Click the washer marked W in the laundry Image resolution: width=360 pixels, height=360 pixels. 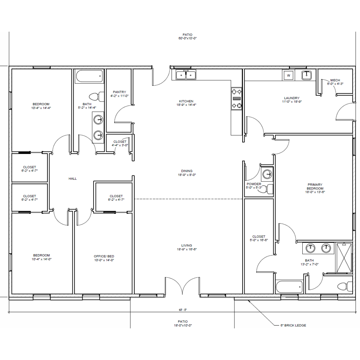click(288, 75)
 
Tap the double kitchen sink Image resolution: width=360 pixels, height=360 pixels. click(186, 75)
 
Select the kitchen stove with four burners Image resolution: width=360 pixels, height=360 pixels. click(237, 99)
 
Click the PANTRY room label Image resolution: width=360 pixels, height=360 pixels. click(120, 92)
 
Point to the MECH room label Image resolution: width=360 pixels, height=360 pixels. click(335, 80)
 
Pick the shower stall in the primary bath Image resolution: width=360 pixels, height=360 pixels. click(344, 258)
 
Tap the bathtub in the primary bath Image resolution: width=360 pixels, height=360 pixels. click(289, 287)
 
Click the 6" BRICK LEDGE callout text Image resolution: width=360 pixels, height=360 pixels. click(293, 325)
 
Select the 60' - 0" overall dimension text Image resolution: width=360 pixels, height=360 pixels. click(183, 310)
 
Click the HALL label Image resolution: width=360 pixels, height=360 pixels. click(72, 179)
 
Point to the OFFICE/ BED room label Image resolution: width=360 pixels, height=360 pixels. click(104, 256)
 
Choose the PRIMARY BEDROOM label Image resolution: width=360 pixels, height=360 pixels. click(315, 186)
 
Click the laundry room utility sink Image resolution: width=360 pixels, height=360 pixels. click(306, 75)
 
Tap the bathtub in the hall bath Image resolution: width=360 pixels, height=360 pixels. click(89, 76)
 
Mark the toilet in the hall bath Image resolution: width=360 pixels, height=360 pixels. click(97, 96)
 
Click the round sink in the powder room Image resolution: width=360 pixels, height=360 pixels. click(267, 174)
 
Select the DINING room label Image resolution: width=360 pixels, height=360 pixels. click(187, 171)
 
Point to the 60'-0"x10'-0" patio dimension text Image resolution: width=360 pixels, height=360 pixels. click(188, 38)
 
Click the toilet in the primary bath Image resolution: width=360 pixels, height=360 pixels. click(345, 286)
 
